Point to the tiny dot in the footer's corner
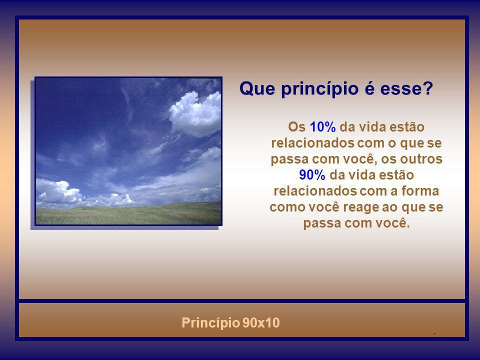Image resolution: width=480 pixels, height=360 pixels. pyautogui.click(x=435, y=332)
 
